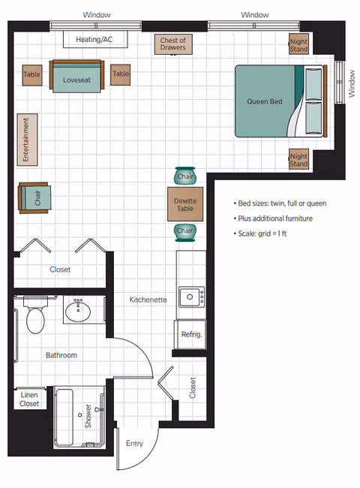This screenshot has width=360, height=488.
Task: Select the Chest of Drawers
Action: (x=172, y=44)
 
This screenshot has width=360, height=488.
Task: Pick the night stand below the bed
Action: (x=298, y=159)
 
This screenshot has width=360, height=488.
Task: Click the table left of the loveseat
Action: (x=31, y=74)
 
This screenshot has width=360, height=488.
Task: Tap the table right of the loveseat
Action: (x=121, y=74)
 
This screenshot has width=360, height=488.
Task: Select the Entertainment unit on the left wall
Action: (x=26, y=140)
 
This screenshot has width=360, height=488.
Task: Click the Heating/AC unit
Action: (x=95, y=39)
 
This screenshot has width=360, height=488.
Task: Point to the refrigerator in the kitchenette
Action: (x=191, y=334)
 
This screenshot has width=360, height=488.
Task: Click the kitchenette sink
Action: (x=191, y=298)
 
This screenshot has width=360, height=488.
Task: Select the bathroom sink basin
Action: (x=78, y=310)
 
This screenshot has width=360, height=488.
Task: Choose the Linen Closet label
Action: (x=28, y=399)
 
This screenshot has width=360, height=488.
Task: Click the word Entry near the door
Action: (x=134, y=443)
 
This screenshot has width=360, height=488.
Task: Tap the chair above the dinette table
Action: (x=184, y=176)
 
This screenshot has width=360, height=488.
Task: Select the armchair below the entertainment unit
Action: (x=35, y=198)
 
